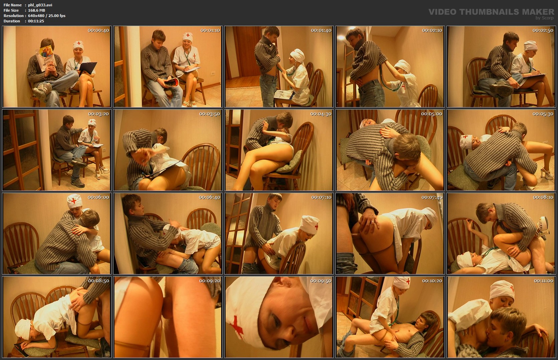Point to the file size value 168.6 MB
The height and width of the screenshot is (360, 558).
coord(37,10)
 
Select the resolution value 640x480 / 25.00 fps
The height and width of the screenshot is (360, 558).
coord(47,16)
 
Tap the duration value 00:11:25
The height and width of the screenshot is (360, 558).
coord(36,21)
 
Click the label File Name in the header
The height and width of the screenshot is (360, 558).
coord(13,5)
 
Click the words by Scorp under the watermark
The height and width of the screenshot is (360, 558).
coord(544,18)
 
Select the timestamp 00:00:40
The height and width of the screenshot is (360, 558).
coord(98,30)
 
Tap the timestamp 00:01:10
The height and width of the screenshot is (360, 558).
coord(210,30)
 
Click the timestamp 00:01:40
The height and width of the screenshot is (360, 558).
coord(321,30)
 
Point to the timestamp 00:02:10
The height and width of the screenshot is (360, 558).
coord(432,30)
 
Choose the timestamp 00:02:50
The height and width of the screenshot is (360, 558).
coord(543,30)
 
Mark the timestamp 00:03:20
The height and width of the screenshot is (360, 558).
coord(98,114)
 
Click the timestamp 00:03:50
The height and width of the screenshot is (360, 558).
coord(210,114)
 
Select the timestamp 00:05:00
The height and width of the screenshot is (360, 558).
coord(432,114)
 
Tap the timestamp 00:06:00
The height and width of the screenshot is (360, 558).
coord(98,197)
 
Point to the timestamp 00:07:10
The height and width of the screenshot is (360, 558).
coord(321,197)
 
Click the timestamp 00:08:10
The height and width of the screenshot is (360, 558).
coord(543,197)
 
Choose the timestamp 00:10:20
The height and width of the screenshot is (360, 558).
coord(432,281)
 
